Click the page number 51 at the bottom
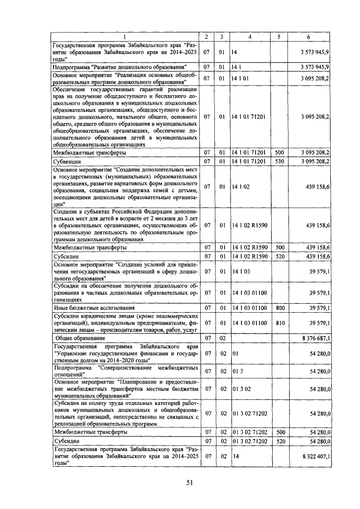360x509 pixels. (x=190, y=481)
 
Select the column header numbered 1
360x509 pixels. (x=125, y=37)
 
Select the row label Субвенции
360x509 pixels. (x=67, y=161)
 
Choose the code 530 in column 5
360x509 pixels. (x=279, y=161)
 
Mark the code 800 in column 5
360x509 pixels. (x=279, y=308)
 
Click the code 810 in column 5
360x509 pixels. (x=279, y=323)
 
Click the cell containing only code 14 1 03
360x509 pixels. (x=241, y=272)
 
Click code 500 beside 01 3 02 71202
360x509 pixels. (x=279, y=432)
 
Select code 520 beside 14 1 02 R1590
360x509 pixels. (x=279, y=256)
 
